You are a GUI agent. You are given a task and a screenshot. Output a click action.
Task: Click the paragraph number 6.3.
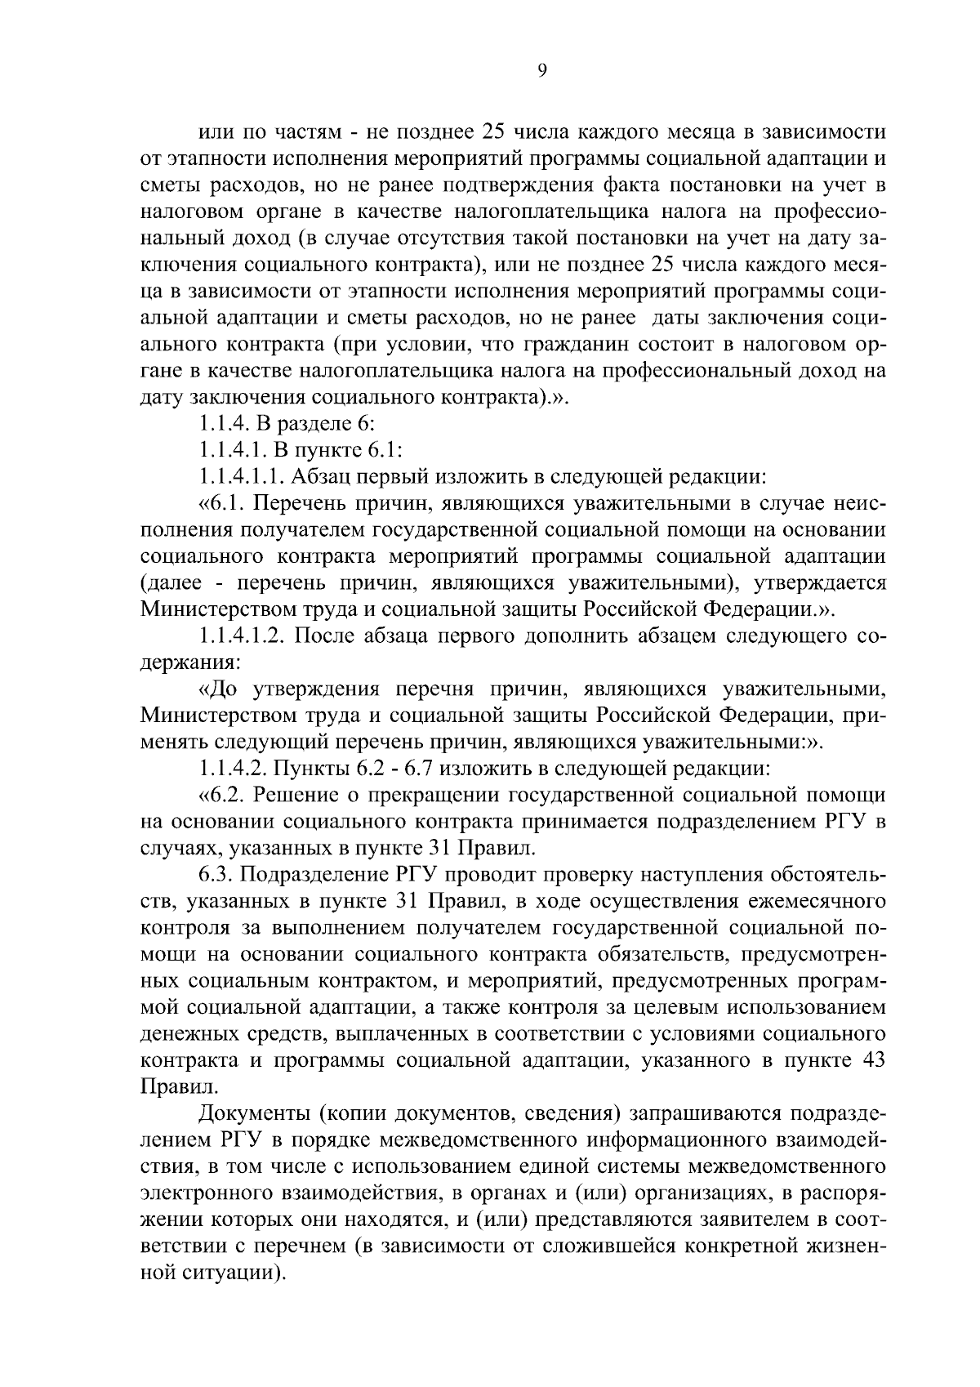[215, 874]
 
